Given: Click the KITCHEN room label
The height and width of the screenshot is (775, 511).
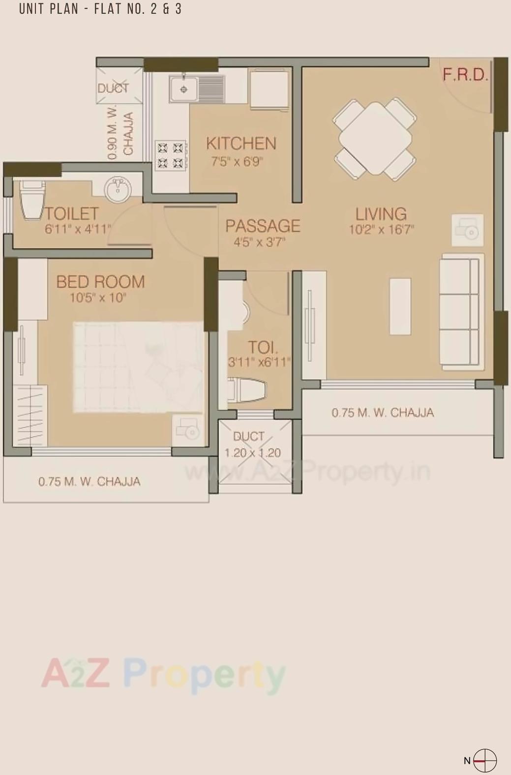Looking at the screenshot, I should tap(241, 144).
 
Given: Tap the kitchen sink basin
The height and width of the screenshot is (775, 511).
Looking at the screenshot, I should tap(184, 89).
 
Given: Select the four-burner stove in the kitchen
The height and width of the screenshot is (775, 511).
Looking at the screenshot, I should tap(171, 155).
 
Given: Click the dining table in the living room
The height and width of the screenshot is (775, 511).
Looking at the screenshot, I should tap(375, 138).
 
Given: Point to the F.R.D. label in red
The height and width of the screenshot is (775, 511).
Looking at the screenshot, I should tap(465, 75).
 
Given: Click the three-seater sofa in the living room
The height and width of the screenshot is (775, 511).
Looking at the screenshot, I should tap(460, 312).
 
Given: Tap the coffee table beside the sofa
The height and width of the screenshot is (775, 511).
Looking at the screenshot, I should tap(400, 306).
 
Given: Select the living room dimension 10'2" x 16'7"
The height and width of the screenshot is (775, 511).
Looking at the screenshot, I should tap(381, 230).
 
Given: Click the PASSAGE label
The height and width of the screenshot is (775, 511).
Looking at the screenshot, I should tap(263, 226).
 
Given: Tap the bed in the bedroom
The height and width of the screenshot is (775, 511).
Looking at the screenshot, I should tap(138, 367).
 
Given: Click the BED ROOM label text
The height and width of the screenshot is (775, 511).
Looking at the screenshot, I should tap(100, 282).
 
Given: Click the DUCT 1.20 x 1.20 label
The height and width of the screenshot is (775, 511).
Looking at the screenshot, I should tap(252, 445).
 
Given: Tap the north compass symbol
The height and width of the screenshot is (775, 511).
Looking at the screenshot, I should tap(484, 760).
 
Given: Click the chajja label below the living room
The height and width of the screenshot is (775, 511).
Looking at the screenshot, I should tap(382, 413).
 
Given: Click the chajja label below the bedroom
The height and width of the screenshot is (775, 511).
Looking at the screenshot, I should tap(89, 481).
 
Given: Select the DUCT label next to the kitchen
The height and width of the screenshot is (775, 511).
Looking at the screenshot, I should tap(113, 89).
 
